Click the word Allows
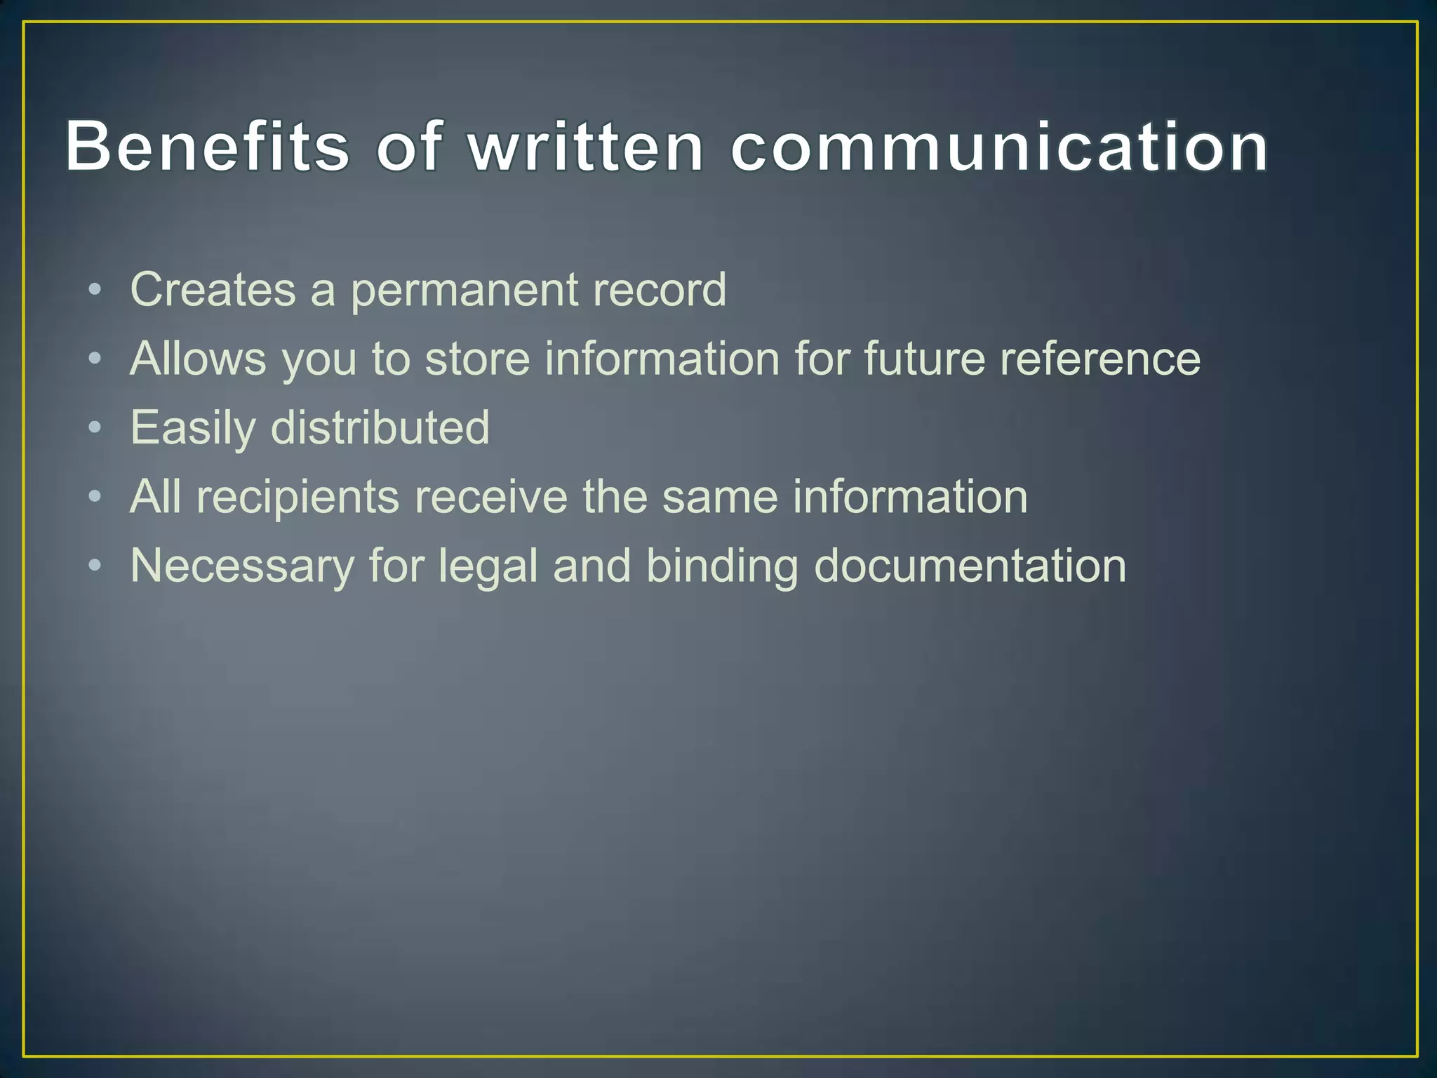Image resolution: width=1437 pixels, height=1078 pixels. [199, 359]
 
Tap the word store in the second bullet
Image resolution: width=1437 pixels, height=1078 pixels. [477, 359]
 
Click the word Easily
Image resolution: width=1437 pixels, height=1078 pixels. [193, 428]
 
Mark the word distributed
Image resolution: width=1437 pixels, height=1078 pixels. [380, 427]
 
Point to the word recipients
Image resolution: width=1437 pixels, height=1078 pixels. [298, 497]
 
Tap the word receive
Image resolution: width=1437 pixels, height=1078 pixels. [490, 497]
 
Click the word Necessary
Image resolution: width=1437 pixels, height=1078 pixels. [242, 566]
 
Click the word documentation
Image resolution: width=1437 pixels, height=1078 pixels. [970, 566]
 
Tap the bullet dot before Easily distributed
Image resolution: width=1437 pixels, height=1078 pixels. [95, 427]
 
